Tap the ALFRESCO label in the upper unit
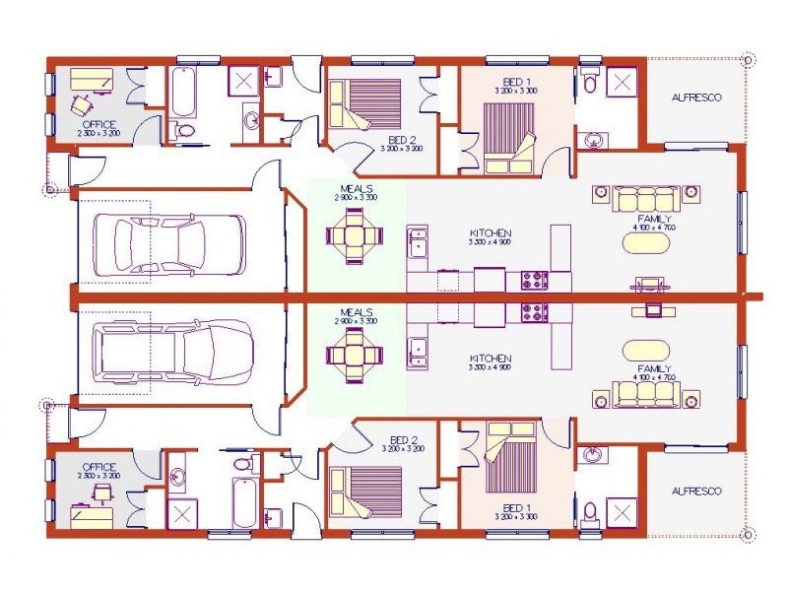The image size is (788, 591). click(695, 98)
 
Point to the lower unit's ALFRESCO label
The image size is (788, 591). click(695, 491)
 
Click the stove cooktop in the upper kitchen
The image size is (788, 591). click(533, 279)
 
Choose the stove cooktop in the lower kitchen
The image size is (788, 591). click(533, 312)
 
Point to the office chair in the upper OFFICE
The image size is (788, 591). click(83, 100)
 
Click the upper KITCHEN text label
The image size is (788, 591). click(490, 234)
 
